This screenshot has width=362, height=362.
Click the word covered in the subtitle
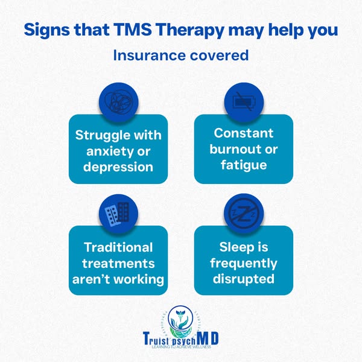(216, 56)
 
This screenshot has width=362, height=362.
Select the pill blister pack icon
(118, 212)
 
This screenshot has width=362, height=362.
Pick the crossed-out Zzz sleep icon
(244, 212)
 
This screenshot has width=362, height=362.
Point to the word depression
(118, 166)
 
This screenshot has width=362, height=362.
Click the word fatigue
(244, 164)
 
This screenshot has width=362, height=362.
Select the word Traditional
(118, 247)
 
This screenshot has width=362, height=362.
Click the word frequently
(244, 264)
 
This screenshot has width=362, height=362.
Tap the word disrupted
(244, 279)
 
